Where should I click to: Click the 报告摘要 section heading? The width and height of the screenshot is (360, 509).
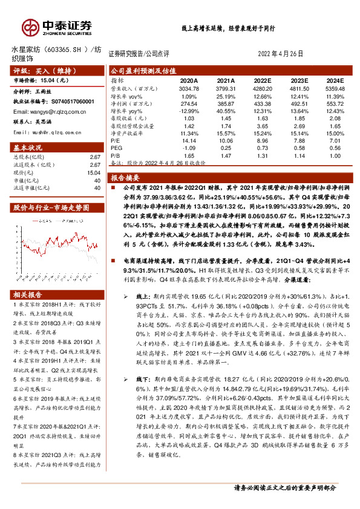coord(125,178)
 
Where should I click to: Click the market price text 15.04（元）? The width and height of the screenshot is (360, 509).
coord(56,80)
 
